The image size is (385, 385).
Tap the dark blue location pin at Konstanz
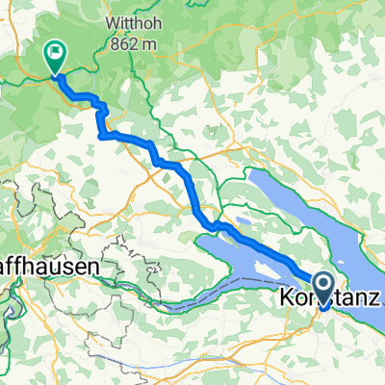pos(322,287)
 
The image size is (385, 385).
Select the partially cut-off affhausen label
pos(43,270)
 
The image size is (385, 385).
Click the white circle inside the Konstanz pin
pos(322,284)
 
